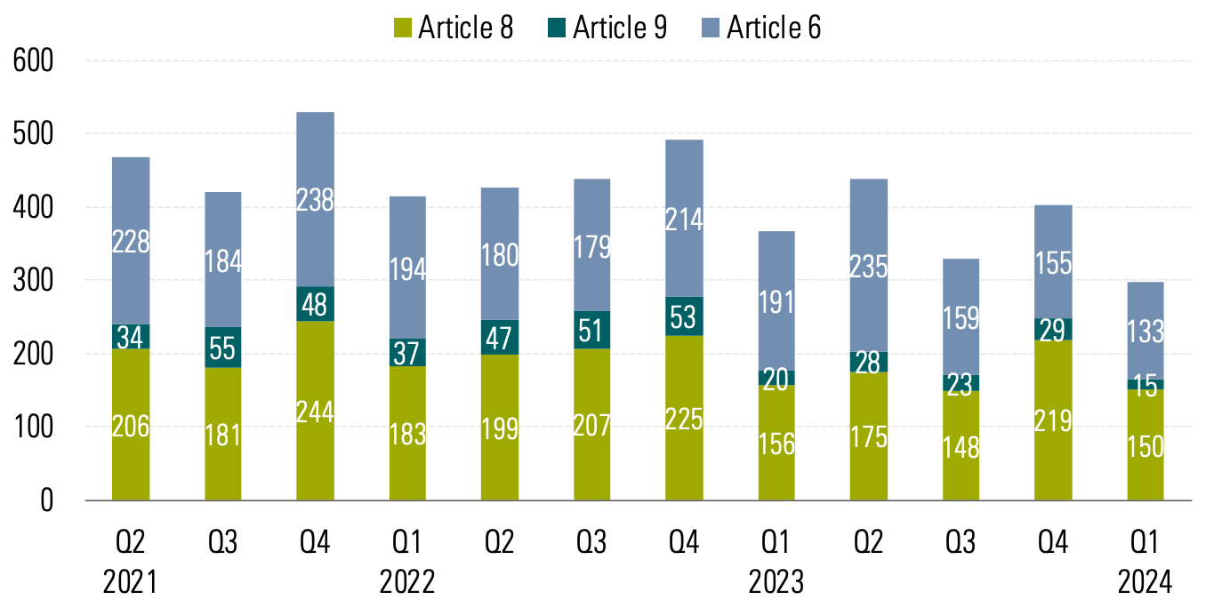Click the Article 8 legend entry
(x=453, y=28)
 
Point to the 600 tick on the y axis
(x=35, y=61)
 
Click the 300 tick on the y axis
(x=35, y=281)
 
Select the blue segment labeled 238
(x=315, y=199)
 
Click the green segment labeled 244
(x=315, y=411)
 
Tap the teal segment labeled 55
(x=222, y=347)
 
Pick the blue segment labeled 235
(x=869, y=266)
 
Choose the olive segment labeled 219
(x=1053, y=420)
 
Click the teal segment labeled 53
(x=684, y=316)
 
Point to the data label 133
(x=1146, y=331)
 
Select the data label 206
(x=130, y=427)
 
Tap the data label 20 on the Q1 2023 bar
(x=776, y=380)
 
